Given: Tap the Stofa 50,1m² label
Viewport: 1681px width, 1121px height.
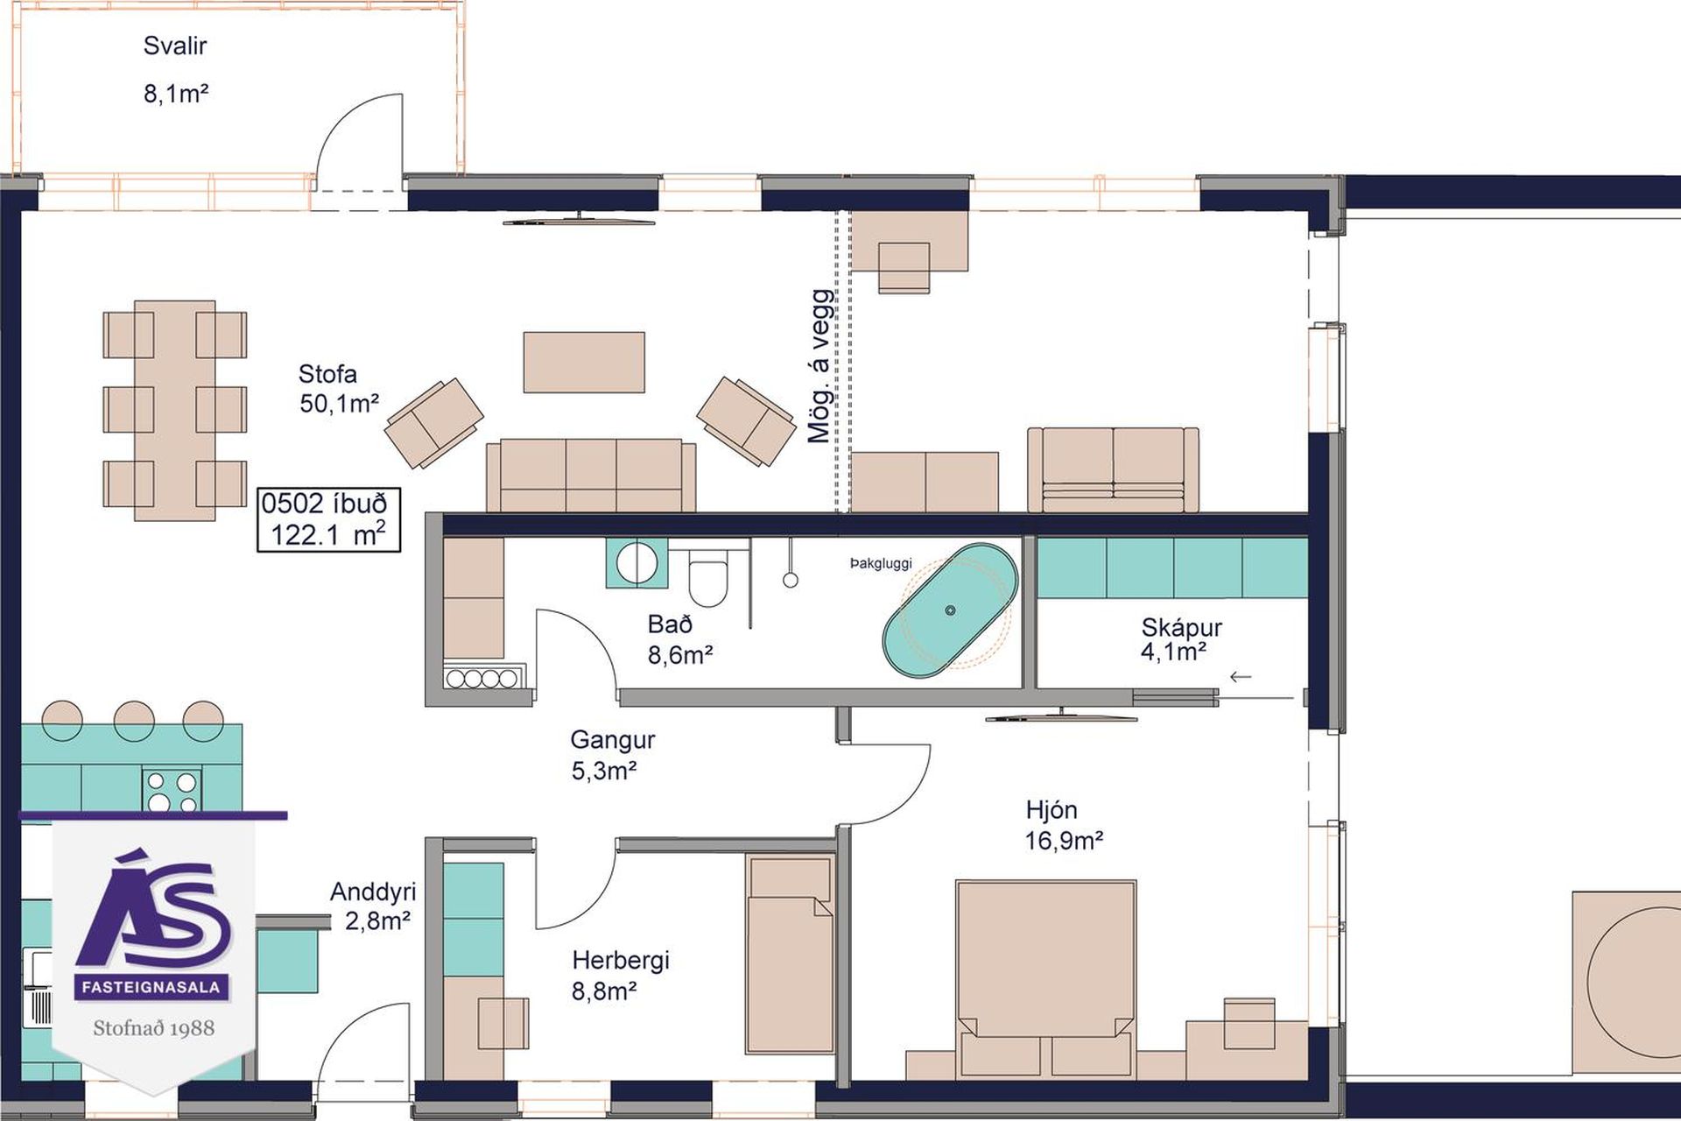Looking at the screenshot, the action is coord(339,389).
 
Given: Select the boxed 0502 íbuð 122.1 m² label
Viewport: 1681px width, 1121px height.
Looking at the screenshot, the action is coord(328,519).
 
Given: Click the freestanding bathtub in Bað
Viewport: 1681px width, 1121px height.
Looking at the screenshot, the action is coord(950,610).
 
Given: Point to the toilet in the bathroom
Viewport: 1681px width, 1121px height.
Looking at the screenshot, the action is coord(708,576).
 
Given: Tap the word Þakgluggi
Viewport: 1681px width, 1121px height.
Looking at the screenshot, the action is coord(881,564).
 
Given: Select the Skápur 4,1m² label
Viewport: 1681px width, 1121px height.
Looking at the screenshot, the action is coord(1180,639).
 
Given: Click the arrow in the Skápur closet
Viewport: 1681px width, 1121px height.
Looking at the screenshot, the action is coord(1241,676).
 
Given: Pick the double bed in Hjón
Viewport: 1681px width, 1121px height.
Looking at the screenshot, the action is coord(1046,977).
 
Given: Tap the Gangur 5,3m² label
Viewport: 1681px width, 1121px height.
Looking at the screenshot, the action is coord(612,755).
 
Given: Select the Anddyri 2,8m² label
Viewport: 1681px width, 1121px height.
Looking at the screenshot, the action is coord(373,906).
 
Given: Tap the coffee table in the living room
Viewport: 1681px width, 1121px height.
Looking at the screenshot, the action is coord(584,362).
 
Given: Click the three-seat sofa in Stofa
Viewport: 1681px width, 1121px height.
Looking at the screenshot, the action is coord(591,476).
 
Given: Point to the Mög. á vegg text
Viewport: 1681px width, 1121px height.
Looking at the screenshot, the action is coord(819,366).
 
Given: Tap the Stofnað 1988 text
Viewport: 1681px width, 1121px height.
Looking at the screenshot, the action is coord(154,1027).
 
